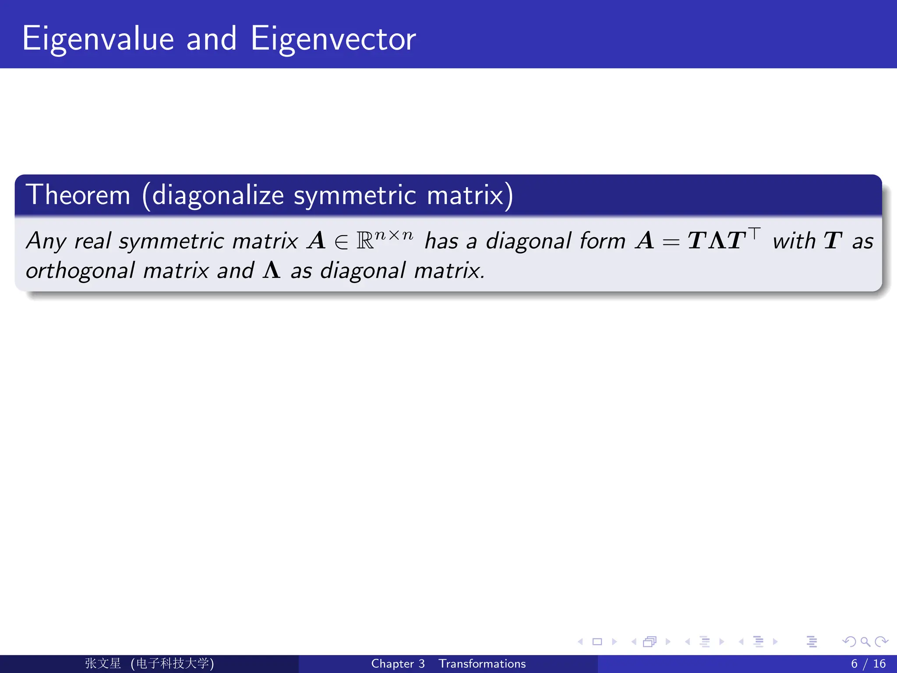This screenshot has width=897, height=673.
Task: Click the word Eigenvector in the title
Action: coord(333,39)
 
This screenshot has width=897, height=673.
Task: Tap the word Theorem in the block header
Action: coord(78,195)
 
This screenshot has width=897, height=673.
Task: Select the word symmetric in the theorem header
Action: coord(355,195)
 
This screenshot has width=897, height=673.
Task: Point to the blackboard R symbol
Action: coord(365,241)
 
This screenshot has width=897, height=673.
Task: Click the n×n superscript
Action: coord(394,235)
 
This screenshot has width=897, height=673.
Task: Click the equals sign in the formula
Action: coord(671,242)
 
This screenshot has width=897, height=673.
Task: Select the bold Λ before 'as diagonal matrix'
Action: coord(272,270)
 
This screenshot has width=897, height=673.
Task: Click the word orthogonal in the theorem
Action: coord(80,271)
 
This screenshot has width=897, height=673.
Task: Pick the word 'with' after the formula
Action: coord(794,241)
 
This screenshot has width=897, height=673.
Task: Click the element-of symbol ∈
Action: coord(341,242)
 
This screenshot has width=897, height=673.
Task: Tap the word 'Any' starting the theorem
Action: coord(46,241)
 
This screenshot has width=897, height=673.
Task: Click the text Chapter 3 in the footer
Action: coord(398,664)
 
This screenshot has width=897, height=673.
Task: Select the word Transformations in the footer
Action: coord(482,664)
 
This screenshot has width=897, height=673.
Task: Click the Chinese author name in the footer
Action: coord(103,663)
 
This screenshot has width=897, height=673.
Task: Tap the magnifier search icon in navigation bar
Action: coord(865,642)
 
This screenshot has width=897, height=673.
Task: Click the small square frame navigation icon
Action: coord(597,642)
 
